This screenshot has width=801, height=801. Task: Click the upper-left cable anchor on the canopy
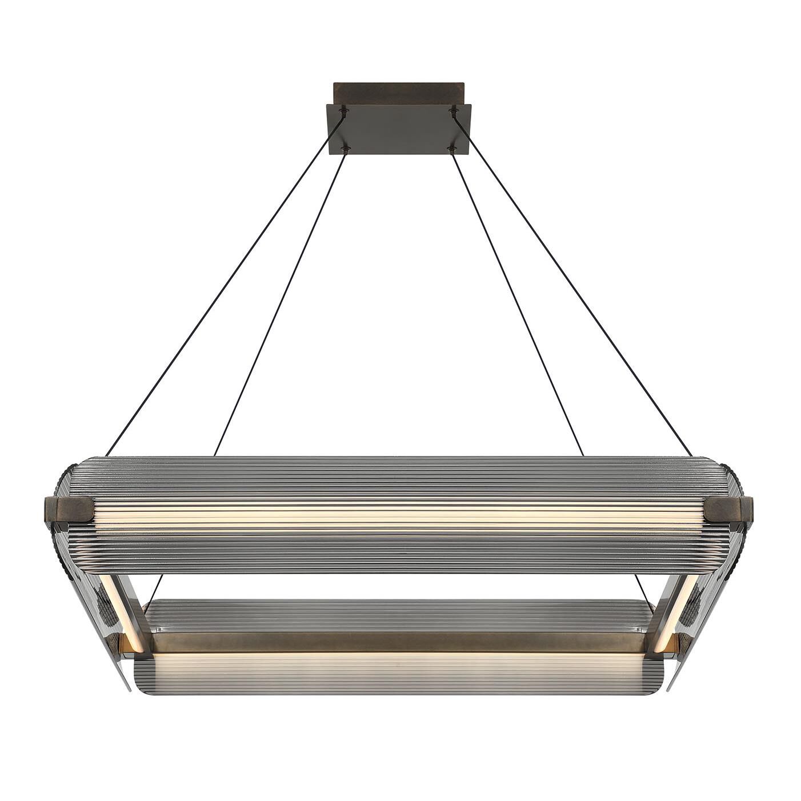pyautogui.click(x=343, y=110)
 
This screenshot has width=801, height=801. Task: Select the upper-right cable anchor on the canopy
pyautogui.click(x=454, y=109)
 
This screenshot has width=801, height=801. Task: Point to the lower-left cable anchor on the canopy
pyautogui.click(x=345, y=150)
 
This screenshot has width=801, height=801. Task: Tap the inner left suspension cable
pyautogui.click(x=280, y=303)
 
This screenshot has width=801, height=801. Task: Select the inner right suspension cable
pyautogui.click(x=517, y=303)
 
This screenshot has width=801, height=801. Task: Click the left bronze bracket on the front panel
pyautogui.click(x=69, y=508)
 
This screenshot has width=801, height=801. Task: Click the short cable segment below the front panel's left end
pyautogui.click(x=156, y=588)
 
